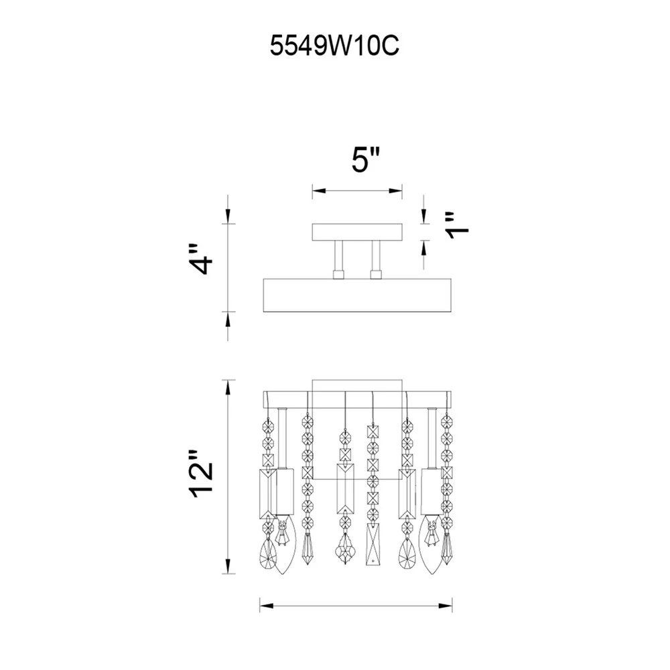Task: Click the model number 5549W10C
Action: point(334,46)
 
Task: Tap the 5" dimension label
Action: point(366,160)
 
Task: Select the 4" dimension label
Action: point(201,259)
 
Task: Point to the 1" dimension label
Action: point(457,225)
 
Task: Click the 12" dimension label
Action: point(201,474)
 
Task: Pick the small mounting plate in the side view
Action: point(357,232)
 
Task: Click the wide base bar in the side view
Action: point(357,295)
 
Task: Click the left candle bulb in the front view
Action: point(283,544)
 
